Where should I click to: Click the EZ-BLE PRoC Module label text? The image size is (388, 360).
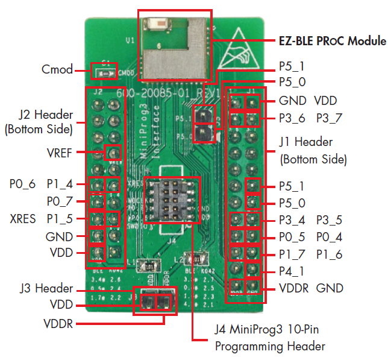pyautogui.click(x=332, y=41)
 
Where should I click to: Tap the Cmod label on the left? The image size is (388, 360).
pyautogui.click(x=57, y=69)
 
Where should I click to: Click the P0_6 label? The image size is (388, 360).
pyautogui.click(x=22, y=183)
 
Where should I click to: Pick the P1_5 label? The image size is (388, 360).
pyautogui.click(x=59, y=217)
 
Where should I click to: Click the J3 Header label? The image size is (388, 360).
pyautogui.click(x=45, y=289)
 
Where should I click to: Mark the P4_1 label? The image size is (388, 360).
pyautogui.click(x=292, y=271)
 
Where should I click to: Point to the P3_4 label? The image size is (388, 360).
pyautogui.click(x=292, y=219)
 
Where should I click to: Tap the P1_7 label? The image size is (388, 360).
pyautogui.click(x=292, y=254)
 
